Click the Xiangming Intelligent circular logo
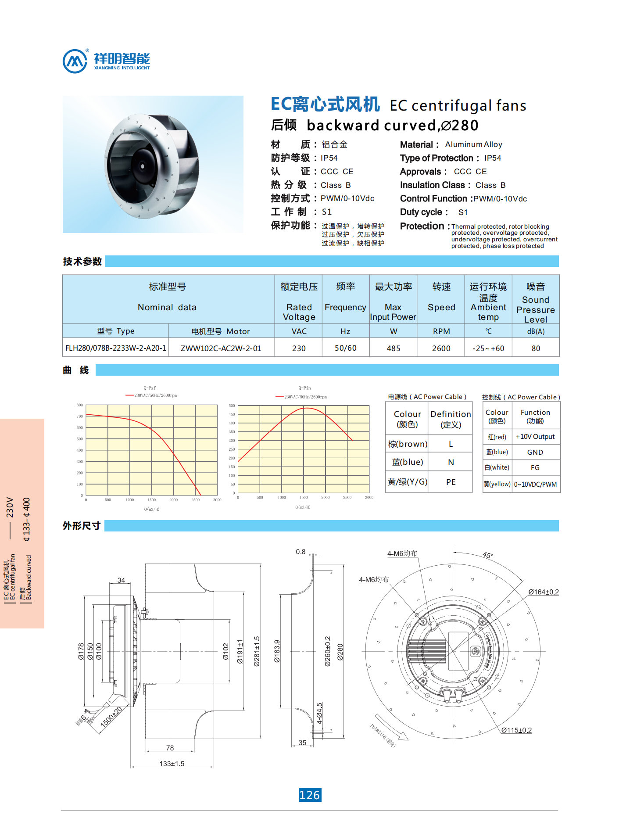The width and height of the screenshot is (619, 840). pyautogui.click(x=75, y=61)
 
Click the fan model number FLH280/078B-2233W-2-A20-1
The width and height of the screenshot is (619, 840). pyautogui.click(x=116, y=348)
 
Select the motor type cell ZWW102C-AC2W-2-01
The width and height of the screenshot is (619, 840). pyautogui.click(x=221, y=348)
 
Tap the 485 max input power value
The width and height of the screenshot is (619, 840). pyautogui.click(x=394, y=348)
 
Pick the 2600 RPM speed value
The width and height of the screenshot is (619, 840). pyautogui.click(x=441, y=348)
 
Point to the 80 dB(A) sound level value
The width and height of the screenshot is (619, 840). pyautogui.click(x=536, y=348)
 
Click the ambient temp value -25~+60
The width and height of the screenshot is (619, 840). pyautogui.click(x=488, y=348)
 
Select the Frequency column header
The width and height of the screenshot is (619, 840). pyautogui.click(x=345, y=307)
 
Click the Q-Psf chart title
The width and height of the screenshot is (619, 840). pyautogui.click(x=150, y=388)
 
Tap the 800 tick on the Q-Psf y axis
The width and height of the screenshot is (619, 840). pyautogui.click(x=79, y=405)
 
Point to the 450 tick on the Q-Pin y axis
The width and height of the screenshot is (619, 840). pyautogui.click(x=232, y=414)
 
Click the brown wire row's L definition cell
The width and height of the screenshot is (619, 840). pyautogui.click(x=451, y=444)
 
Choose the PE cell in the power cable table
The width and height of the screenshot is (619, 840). pyautogui.click(x=451, y=482)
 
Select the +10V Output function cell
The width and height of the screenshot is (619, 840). pyautogui.click(x=535, y=437)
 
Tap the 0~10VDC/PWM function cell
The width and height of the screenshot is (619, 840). pyautogui.click(x=535, y=485)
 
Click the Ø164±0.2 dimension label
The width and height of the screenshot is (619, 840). pyautogui.click(x=544, y=592)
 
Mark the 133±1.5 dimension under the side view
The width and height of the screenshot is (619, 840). pyautogui.click(x=172, y=764)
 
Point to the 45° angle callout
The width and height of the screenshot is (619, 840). pyautogui.click(x=488, y=555)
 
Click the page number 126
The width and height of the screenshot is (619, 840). pyautogui.click(x=310, y=795)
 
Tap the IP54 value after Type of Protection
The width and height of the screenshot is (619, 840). pyautogui.click(x=493, y=158)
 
